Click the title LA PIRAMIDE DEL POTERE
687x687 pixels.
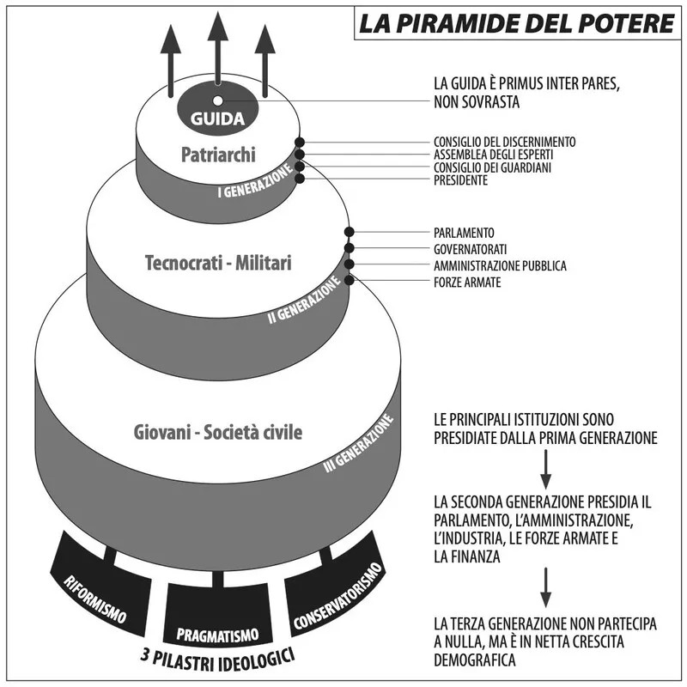pyautogui.click(x=515, y=21)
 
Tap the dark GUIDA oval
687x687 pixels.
pyautogui.click(x=217, y=114)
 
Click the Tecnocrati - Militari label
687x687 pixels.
pyautogui.click(x=217, y=264)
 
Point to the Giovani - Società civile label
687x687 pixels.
pyautogui.click(x=218, y=432)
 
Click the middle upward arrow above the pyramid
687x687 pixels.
pyautogui.click(x=216, y=47)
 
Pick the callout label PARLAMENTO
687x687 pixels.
pyautogui.click(x=464, y=233)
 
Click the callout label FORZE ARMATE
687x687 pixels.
pyautogui.click(x=467, y=282)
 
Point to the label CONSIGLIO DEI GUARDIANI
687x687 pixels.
pyautogui.click(x=492, y=167)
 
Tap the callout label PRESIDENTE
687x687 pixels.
pyautogui.click(x=461, y=180)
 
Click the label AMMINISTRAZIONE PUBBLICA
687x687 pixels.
pyautogui.click(x=500, y=265)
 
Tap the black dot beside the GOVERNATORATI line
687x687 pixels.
pyautogui.click(x=350, y=248)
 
